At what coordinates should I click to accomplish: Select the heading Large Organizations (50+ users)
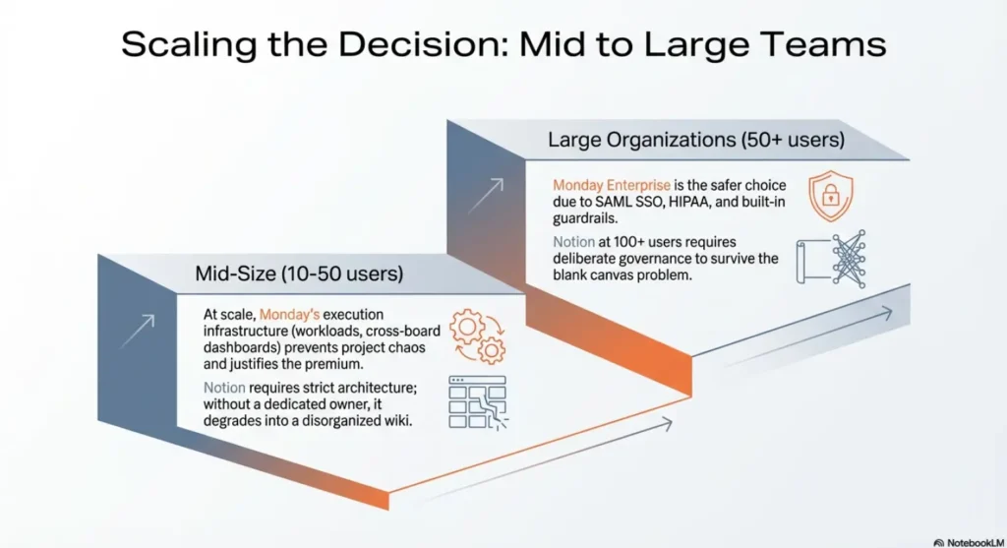[x=696, y=141]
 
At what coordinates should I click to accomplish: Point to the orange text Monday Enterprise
[x=611, y=185]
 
